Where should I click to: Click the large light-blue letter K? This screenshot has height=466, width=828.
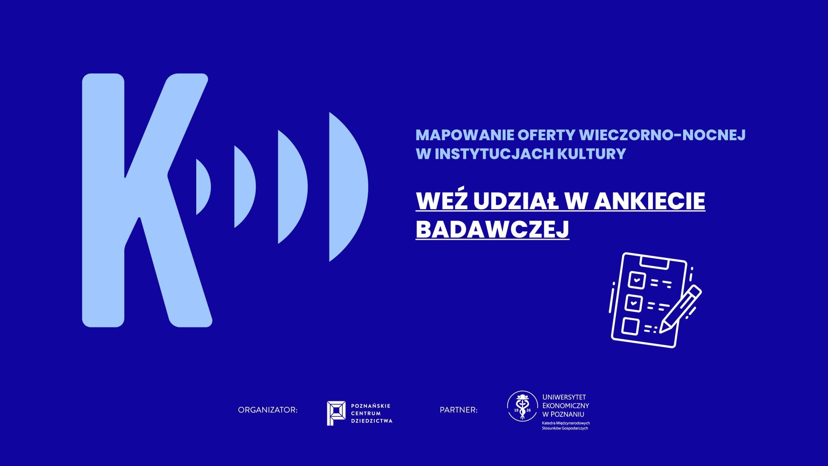(x=103, y=200)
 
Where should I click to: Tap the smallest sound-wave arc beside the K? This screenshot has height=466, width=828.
(x=203, y=187)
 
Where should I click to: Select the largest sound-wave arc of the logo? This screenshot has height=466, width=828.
(x=348, y=187)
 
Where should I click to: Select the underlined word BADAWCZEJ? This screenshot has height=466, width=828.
(x=492, y=229)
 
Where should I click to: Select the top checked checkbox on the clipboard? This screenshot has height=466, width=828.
(x=637, y=280)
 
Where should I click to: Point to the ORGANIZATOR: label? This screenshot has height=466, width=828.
(x=268, y=410)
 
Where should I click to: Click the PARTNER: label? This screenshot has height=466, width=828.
(x=458, y=410)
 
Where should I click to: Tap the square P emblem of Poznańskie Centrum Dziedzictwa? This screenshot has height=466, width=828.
(x=336, y=413)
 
